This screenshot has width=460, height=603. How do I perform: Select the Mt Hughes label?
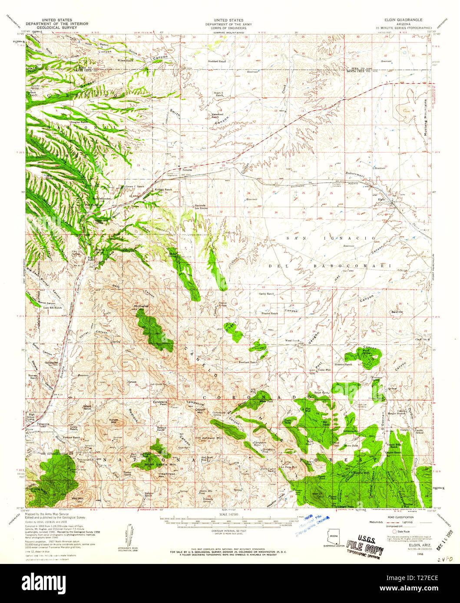141,305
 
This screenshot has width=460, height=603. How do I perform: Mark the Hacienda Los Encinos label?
200,207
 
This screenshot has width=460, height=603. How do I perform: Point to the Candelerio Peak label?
160,402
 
